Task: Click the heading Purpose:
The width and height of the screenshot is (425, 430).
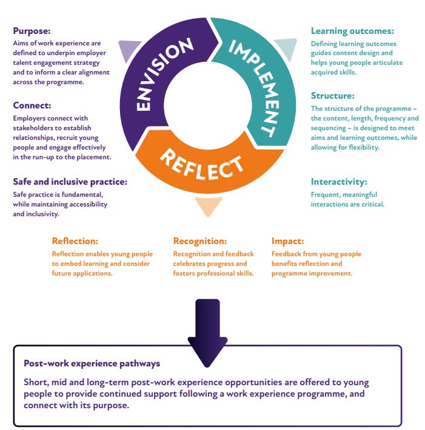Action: point(32,30)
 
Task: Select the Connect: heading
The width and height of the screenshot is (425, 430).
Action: point(32,105)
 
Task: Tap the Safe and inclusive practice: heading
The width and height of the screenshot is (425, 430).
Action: point(70,182)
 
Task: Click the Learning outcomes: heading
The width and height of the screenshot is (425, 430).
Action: point(352,31)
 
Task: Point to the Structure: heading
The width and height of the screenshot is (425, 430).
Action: point(333,96)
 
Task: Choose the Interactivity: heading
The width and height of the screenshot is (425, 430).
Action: point(339,182)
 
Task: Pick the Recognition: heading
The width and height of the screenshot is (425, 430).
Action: point(200,241)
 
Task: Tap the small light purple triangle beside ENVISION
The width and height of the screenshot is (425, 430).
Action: point(129,50)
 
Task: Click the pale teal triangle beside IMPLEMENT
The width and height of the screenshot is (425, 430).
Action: point(284,48)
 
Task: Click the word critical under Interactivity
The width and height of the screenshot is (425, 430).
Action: point(372,204)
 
